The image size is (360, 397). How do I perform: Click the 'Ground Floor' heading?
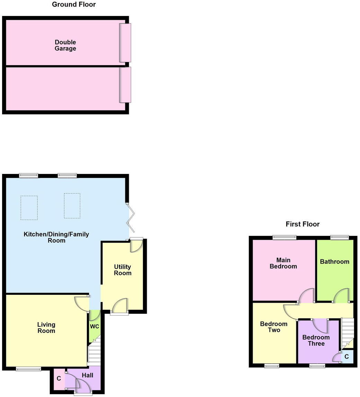pos(74,5)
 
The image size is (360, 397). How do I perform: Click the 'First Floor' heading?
pos(303,224)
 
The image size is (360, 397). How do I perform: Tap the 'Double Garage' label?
pos(65,45)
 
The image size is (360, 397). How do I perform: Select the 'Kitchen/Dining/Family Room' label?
pos(56,237)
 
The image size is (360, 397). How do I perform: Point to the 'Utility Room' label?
pos(123,270)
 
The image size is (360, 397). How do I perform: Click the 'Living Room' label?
pos(46,328)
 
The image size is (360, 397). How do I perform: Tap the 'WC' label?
pos(94,327)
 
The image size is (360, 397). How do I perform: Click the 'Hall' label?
pos(88,375)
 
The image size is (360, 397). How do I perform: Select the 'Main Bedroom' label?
pos(283,263)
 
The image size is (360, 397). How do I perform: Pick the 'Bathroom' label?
pos(334,262)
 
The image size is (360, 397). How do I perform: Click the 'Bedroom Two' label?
pos(273,327)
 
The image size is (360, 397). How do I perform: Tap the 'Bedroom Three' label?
pos(316,340)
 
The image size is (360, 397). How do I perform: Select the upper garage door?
pos(125,43)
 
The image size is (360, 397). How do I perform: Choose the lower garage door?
pos(125,85)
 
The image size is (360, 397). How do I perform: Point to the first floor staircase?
pos(347,333)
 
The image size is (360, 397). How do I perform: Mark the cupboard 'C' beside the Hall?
pos(59,379)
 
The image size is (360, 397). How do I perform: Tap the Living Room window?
pos(28,369)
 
